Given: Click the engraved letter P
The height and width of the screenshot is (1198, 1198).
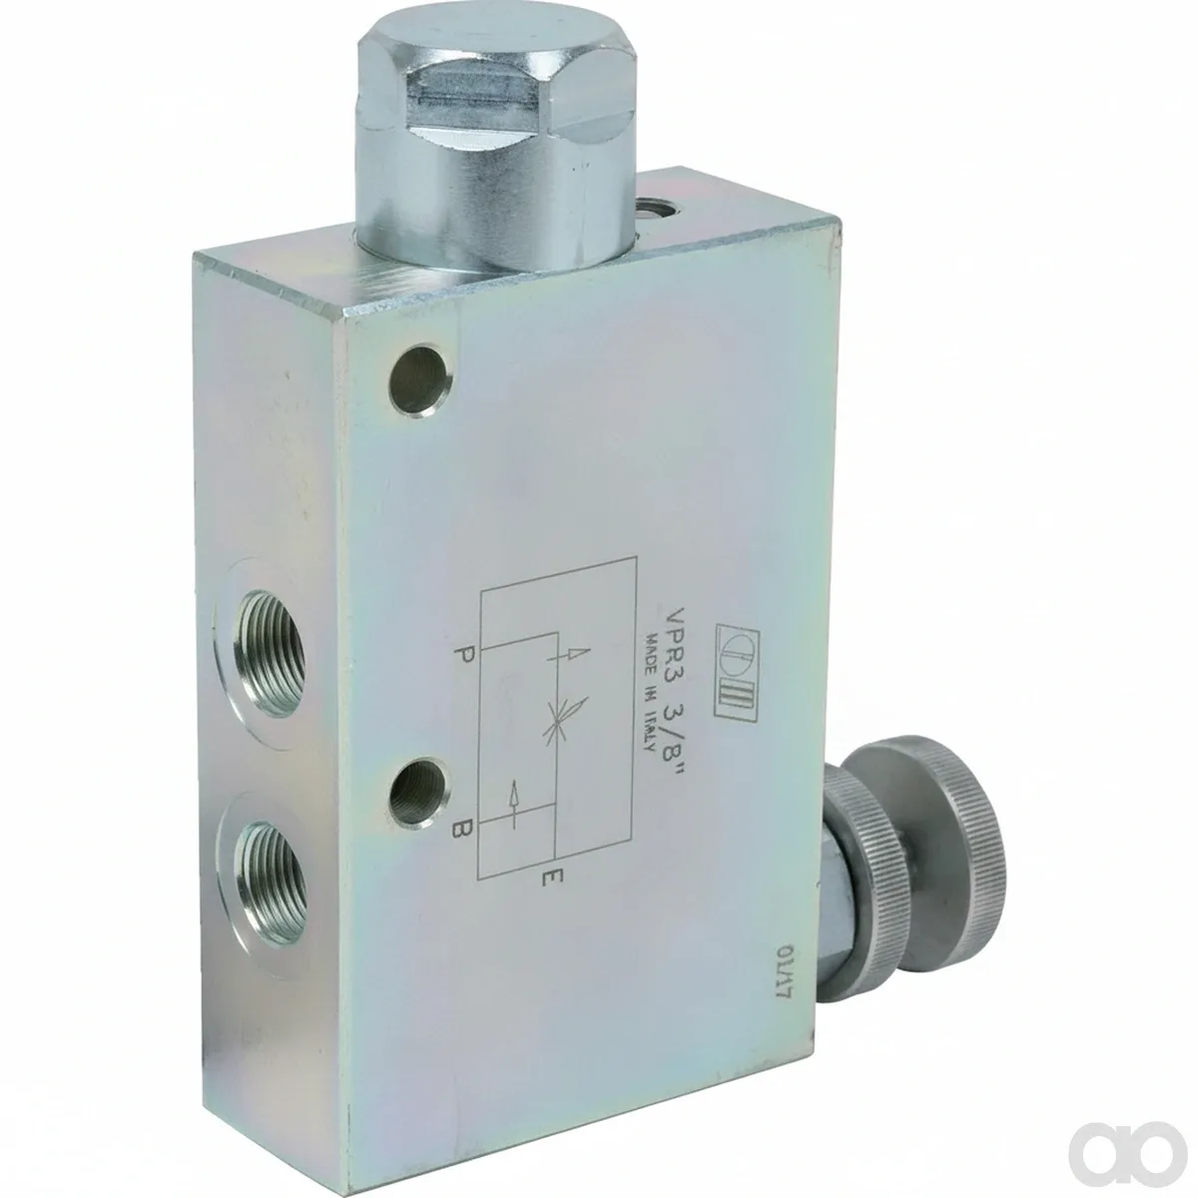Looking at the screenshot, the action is tap(463, 655).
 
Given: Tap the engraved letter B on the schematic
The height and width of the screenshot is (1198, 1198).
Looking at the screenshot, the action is tap(463, 828).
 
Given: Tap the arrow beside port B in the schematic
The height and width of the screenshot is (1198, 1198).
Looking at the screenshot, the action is tap(513, 804).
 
